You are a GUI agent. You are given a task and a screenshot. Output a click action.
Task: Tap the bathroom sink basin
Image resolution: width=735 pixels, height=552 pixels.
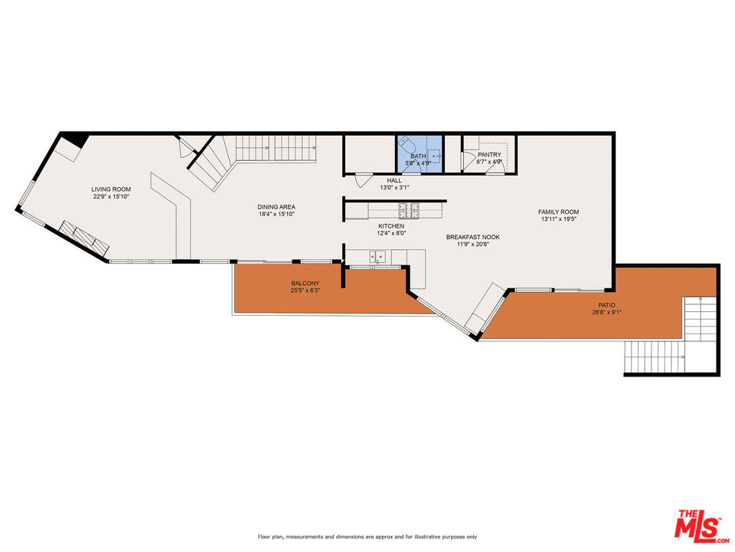click(x=436, y=154)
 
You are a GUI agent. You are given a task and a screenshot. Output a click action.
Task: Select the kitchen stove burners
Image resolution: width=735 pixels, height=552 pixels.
click(x=409, y=210)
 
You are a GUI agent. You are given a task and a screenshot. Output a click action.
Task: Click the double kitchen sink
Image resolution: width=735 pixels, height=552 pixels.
click(x=377, y=256)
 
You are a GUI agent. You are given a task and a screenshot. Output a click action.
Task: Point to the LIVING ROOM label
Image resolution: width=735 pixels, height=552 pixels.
click(x=111, y=189)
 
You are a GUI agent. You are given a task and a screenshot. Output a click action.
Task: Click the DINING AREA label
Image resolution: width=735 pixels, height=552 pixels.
click(x=276, y=207)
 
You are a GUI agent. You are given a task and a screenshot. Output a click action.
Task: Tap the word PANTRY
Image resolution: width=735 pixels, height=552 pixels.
click(x=489, y=154)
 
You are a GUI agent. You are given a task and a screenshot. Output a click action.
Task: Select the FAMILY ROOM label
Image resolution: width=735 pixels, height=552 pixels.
click(x=558, y=212)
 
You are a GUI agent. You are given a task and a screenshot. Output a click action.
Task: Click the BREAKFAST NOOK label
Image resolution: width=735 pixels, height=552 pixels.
click(x=473, y=237)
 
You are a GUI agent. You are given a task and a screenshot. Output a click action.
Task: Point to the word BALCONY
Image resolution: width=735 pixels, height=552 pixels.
click(x=305, y=284)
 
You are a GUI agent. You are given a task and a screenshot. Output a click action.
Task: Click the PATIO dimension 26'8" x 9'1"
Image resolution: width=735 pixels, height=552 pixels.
click(x=606, y=312)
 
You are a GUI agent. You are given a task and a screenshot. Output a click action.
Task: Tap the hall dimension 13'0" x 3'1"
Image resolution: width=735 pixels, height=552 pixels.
click(x=394, y=187)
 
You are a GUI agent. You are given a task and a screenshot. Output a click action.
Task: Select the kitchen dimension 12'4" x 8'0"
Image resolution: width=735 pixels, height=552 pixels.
click(x=391, y=233)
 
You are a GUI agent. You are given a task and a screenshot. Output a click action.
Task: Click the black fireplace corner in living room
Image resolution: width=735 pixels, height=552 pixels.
click(x=75, y=140)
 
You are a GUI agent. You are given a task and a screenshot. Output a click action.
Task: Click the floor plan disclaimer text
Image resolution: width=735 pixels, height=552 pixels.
click(x=367, y=537)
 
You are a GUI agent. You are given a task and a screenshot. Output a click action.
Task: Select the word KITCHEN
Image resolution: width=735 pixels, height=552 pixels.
click(x=391, y=226)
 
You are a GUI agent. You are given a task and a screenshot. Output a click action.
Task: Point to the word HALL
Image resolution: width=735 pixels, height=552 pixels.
click(x=394, y=180)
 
